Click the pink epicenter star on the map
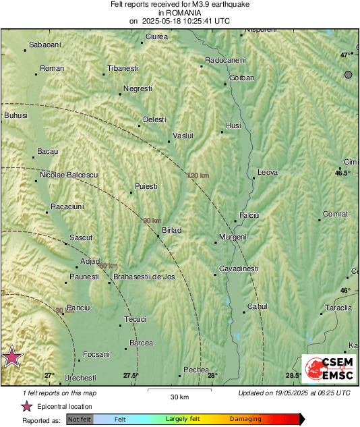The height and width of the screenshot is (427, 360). [x=11, y=358]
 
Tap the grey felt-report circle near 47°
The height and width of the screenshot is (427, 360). [x=349, y=74]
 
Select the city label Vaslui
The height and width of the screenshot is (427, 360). [x=183, y=136]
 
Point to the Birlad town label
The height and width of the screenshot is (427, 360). [x=171, y=230]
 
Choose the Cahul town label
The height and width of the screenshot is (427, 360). [x=258, y=306]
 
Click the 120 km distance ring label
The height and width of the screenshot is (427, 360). [x=198, y=176]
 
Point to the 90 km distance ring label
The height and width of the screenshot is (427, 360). [x=152, y=221]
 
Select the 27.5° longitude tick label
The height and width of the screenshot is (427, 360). [x=131, y=376]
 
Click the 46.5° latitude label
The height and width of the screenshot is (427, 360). [x=344, y=173]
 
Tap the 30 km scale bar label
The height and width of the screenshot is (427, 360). [x=179, y=397]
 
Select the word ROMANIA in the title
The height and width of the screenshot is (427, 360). [x=179, y=12]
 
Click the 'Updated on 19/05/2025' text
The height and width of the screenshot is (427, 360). [x=294, y=393]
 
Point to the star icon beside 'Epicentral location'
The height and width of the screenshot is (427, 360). [x=27, y=406]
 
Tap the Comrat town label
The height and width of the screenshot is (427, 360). [x=335, y=214]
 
